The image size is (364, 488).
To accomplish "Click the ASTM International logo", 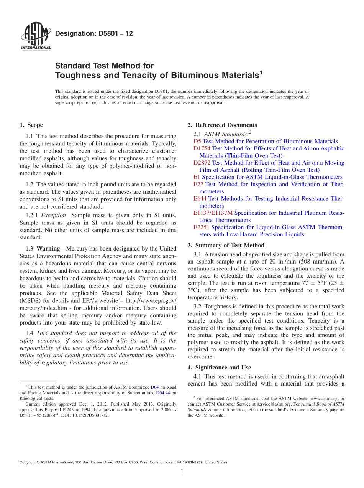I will point(35,37).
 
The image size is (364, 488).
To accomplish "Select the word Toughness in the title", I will point(77,75).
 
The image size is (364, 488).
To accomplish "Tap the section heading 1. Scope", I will point(31,125).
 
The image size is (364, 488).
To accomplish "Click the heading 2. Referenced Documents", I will point(222,125).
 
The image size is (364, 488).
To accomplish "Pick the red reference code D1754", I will point(202,148).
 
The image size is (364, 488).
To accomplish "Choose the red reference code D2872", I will point(202,163).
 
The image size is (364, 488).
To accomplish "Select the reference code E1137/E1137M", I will point(213,213).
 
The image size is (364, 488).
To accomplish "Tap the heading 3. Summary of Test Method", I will point(226,246).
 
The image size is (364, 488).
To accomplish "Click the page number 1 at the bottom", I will point(182,472).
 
